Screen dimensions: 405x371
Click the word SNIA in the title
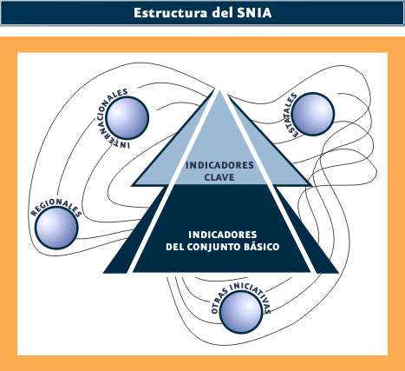254,13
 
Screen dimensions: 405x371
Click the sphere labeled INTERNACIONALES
127,118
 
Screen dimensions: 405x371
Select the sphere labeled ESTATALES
313,114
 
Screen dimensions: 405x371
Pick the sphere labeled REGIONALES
56,228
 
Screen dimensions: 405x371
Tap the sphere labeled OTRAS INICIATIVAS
241,312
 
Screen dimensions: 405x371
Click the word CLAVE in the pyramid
219,177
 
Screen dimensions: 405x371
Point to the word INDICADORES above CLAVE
219,165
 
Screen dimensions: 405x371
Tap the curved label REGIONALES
56,207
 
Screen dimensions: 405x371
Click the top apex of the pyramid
219,89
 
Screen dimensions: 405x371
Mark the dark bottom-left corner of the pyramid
104,272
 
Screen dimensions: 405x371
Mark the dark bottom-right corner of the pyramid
337,272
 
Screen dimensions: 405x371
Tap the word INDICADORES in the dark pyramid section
223,235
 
